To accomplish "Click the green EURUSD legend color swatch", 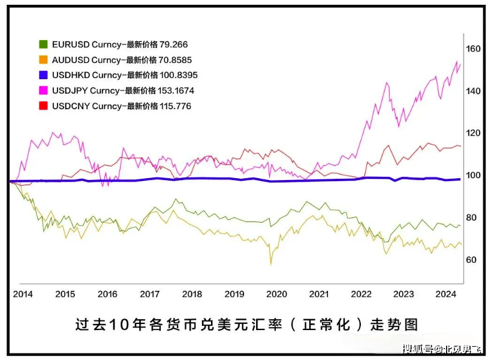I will click(43, 44).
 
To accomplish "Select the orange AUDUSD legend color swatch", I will click(43, 60).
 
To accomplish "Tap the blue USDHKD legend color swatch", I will click(43, 75).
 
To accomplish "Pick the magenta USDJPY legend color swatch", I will click(43, 91).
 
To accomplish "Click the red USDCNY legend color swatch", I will click(43, 106).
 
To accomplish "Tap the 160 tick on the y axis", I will click(474, 49).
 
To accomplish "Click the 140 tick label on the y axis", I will click(474, 91).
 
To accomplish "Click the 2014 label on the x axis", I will click(23, 294).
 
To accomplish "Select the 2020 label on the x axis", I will click(276, 294).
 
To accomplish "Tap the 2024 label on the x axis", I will click(445, 294).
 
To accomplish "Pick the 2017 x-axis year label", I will click(149, 294).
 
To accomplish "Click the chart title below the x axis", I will click(246, 325).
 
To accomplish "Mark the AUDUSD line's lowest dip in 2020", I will click(270, 263).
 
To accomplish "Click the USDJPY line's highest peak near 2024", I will click(457, 62).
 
